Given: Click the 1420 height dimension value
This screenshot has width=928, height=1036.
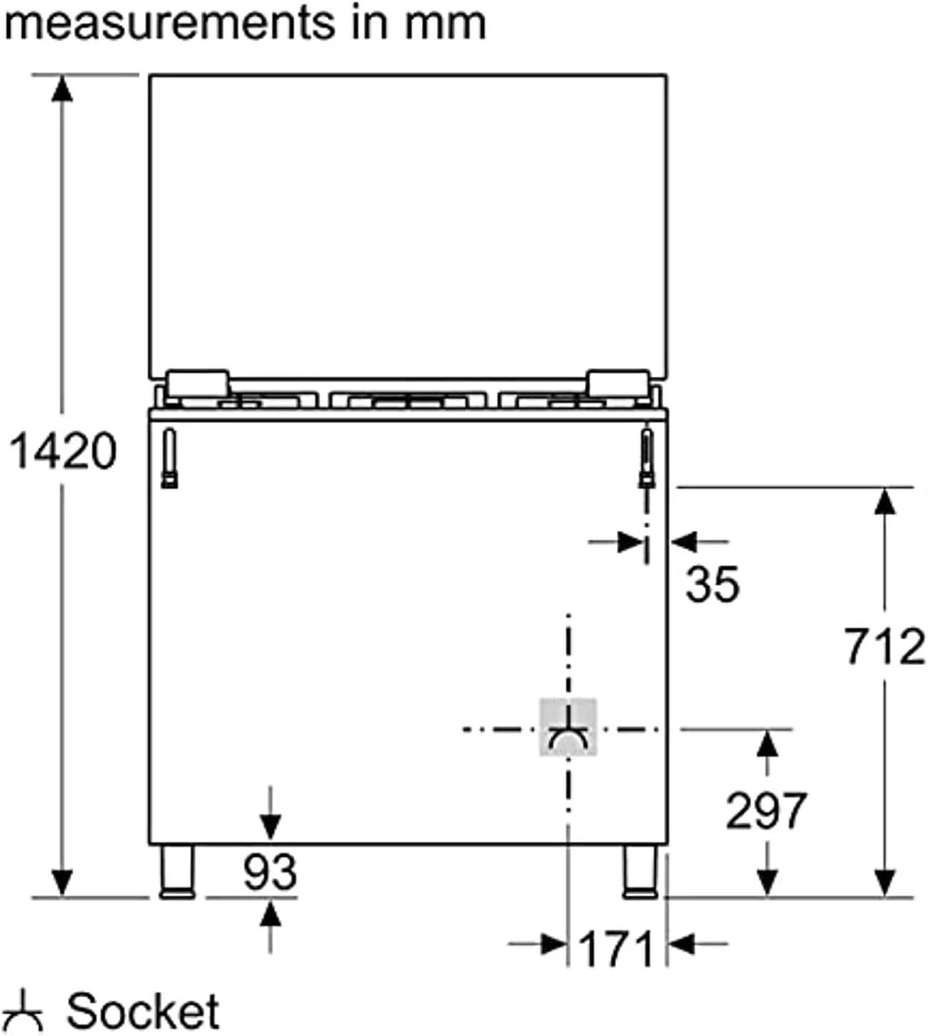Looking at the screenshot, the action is click(x=64, y=450).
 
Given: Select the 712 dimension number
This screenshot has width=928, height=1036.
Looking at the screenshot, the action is click(x=884, y=646).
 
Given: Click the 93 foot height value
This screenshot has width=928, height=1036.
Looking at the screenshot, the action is click(x=270, y=872).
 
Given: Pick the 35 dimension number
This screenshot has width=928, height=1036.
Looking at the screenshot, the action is click(x=712, y=584).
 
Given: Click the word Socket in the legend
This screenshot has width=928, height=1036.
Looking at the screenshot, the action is click(x=143, y=1011).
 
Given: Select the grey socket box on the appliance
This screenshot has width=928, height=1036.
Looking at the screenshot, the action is click(x=568, y=726).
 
